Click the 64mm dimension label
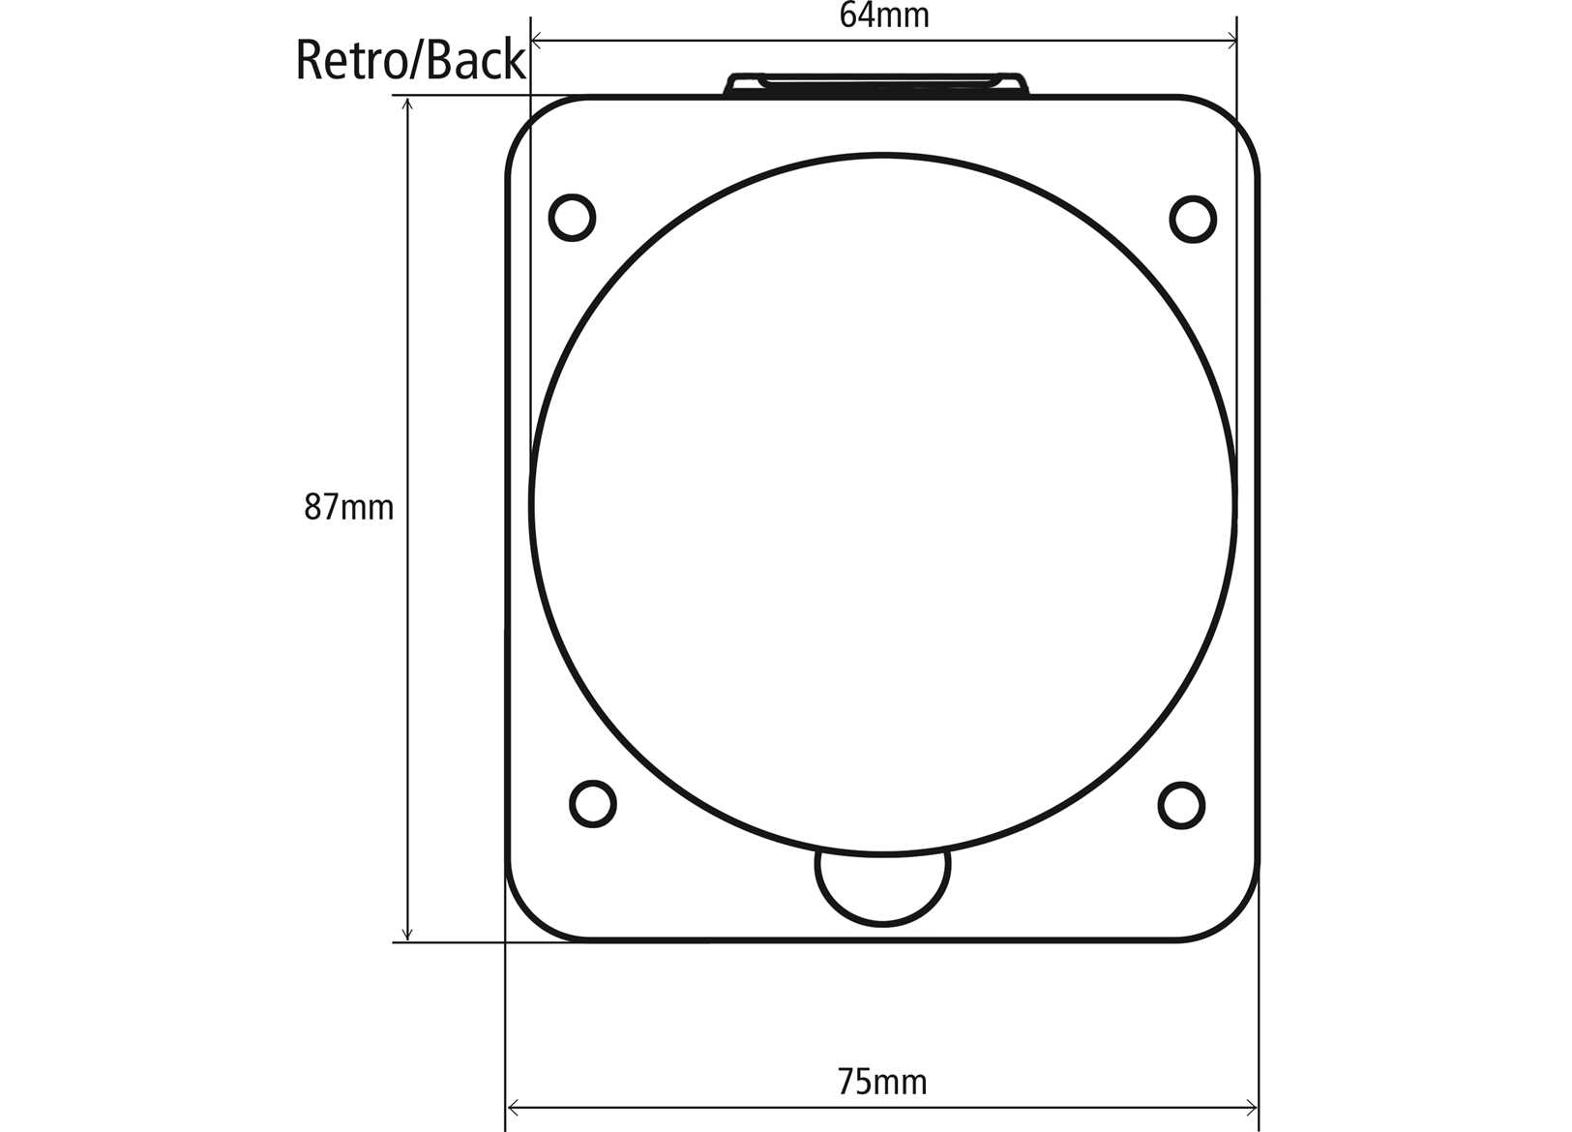[x=883, y=15]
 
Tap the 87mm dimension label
[x=348, y=507]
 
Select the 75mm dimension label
[x=881, y=1081]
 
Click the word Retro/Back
[x=410, y=60]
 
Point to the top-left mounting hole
[x=572, y=218]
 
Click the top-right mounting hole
[x=1193, y=219]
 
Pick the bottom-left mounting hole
[x=593, y=803]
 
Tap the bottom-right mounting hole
[x=1181, y=805]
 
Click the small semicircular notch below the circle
[x=882, y=885]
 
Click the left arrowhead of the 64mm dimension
[x=538, y=41]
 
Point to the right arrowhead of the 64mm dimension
[x=1231, y=41]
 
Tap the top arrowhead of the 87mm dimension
[x=407, y=104]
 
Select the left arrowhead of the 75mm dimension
[x=514, y=1108]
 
